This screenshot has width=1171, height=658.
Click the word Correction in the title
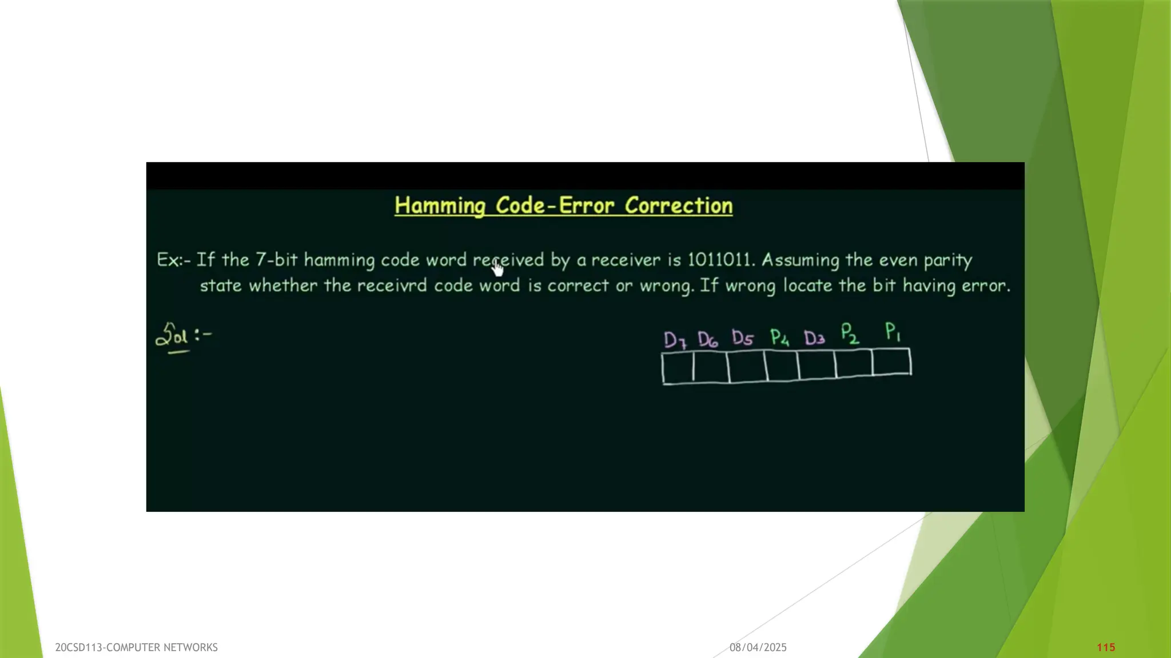pyautogui.click(x=678, y=206)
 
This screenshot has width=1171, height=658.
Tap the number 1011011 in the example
pyautogui.click(x=719, y=260)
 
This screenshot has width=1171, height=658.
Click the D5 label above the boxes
pyautogui.click(x=742, y=338)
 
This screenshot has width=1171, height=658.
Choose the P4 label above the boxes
pyautogui.click(x=779, y=338)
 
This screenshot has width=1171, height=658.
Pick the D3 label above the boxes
pyautogui.click(x=814, y=338)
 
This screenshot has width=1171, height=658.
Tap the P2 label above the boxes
pyautogui.click(x=850, y=333)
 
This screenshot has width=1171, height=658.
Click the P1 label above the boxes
pyautogui.click(x=893, y=331)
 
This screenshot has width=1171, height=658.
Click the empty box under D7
pyautogui.click(x=678, y=368)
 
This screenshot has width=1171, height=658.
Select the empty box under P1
pyautogui.click(x=892, y=362)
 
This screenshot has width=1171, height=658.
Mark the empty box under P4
pyautogui.click(x=782, y=366)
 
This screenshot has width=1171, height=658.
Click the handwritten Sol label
pyautogui.click(x=173, y=336)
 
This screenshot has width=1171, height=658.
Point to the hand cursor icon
pyautogui.click(x=497, y=268)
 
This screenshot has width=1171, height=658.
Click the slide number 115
pyautogui.click(x=1106, y=647)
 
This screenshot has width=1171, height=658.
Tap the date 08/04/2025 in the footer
pyautogui.click(x=758, y=647)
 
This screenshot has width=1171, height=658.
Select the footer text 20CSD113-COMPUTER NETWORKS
pyautogui.click(x=136, y=647)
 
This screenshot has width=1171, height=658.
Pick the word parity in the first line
pyautogui.click(x=947, y=260)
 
